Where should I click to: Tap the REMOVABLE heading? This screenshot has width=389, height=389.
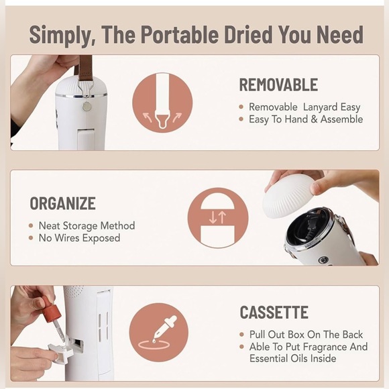278,85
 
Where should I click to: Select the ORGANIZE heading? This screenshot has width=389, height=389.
62,203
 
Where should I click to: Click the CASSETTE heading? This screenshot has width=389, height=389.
274,313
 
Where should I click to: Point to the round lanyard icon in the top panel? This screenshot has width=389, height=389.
162,102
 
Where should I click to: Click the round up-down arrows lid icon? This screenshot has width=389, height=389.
218,217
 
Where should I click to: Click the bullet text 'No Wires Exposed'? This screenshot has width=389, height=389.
79,238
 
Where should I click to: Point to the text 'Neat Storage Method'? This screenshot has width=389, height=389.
87,226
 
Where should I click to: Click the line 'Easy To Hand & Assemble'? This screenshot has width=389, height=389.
305,119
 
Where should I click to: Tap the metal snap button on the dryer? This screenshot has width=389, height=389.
86,105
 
